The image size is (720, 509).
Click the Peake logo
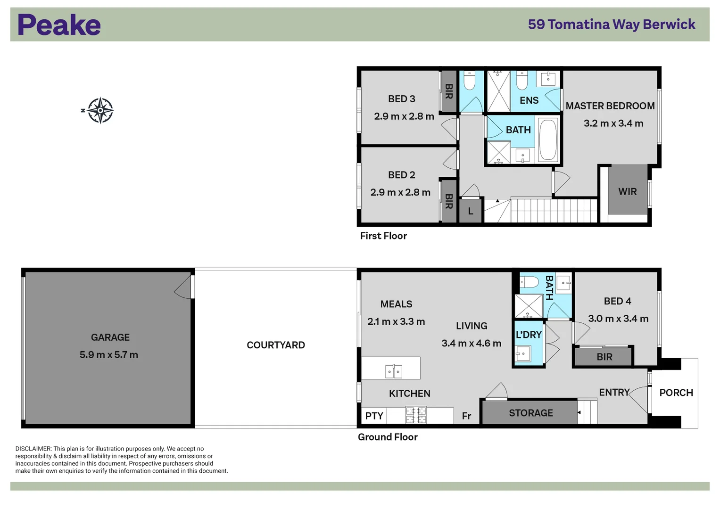(x=59, y=25)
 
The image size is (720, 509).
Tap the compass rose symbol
(x=100, y=110)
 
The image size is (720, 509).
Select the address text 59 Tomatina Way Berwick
(x=612, y=25)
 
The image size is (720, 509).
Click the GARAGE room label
(x=110, y=337)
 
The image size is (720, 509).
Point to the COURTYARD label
(x=276, y=345)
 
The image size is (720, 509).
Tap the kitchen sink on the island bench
(x=393, y=371)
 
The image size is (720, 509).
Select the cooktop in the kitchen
(x=416, y=415)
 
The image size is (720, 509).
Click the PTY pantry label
(x=374, y=416)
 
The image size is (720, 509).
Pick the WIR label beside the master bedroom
(x=628, y=191)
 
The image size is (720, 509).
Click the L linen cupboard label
(x=471, y=211)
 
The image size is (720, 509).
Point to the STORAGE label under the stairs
(x=531, y=413)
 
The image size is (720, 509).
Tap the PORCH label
(x=676, y=393)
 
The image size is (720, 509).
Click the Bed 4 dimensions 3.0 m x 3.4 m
(x=618, y=319)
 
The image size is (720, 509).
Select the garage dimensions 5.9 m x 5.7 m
(x=109, y=355)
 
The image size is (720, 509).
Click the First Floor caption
(x=383, y=236)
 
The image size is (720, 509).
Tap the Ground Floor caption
(x=388, y=437)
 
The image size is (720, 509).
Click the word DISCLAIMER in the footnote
(x=33, y=449)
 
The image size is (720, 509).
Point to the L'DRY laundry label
(x=529, y=335)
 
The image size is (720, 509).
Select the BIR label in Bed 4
(x=604, y=357)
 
